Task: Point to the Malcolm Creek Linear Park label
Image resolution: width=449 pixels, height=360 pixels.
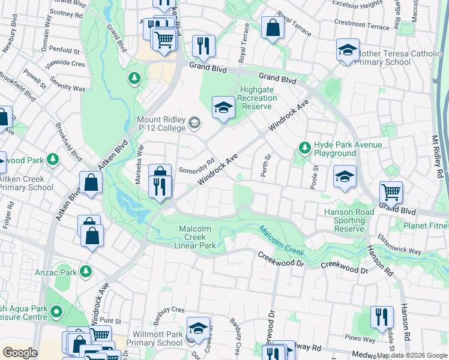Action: [197, 237]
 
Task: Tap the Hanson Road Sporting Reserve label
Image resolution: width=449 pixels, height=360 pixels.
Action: [349, 220]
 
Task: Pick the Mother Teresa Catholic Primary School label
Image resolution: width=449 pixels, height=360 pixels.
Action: [399, 58]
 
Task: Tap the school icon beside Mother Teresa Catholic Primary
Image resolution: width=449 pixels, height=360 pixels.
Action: [347, 50]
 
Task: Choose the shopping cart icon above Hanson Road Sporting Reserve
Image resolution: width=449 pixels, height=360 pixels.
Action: [391, 193]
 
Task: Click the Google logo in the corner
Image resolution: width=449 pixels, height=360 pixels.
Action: [20, 353]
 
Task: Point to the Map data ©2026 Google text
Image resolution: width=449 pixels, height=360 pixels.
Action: [412, 355]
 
